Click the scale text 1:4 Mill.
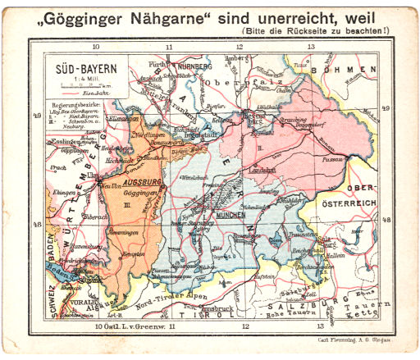82,80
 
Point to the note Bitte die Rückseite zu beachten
322,31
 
